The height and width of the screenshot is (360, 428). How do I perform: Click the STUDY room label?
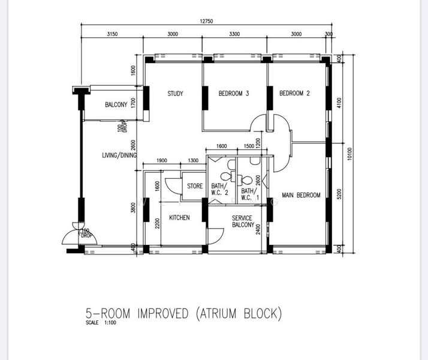tap(175, 94)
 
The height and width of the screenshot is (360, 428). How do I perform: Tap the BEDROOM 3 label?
tap(234, 94)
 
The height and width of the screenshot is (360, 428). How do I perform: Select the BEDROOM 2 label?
tap(294, 93)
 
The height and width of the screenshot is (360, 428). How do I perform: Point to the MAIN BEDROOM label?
tap(301, 195)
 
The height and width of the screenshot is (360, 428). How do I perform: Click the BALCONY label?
tap(116, 104)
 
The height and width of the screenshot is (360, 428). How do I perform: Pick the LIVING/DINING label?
tap(119, 155)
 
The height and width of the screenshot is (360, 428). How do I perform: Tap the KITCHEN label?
tap(179, 218)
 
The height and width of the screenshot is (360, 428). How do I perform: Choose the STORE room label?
tap(195, 186)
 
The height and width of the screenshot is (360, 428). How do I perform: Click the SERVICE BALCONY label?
tap(243, 221)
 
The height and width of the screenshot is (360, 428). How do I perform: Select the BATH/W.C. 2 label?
tap(219, 189)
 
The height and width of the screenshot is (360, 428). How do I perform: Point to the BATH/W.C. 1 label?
tap(249, 194)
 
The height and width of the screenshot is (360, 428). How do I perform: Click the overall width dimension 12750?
tap(206, 21)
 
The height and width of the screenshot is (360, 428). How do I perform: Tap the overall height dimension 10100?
tap(350, 154)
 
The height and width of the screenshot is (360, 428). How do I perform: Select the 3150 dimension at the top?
tap(112, 34)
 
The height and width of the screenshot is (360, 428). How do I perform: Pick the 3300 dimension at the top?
tap(234, 34)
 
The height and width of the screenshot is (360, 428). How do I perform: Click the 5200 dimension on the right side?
tap(339, 194)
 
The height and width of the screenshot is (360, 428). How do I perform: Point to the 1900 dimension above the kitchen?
tap(162, 160)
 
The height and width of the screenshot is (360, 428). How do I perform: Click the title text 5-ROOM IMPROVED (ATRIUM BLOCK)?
tap(183, 313)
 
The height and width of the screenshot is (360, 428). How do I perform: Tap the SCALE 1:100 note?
tap(101, 323)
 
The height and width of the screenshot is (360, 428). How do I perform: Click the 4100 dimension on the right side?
tap(339, 103)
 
